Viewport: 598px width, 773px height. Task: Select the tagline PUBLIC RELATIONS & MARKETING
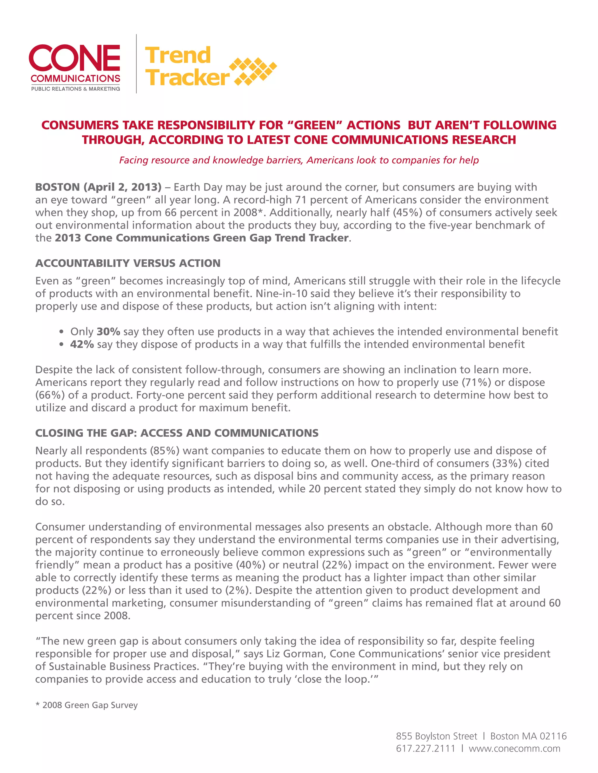pyautogui.click(x=75, y=89)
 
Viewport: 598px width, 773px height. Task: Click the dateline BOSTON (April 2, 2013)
pyautogui.click(x=98, y=187)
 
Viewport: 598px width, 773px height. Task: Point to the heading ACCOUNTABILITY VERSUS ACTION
pyautogui.click(x=128, y=263)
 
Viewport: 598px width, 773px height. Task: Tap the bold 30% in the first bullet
pyautogui.click(x=108, y=331)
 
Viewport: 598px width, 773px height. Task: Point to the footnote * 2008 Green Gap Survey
pyautogui.click(x=86, y=705)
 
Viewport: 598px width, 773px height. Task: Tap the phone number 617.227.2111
pyautogui.click(x=425, y=748)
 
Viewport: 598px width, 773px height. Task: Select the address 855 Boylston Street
pyautogui.click(x=437, y=736)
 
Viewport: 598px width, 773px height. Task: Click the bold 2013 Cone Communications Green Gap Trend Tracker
pyautogui.click(x=201, y=237)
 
